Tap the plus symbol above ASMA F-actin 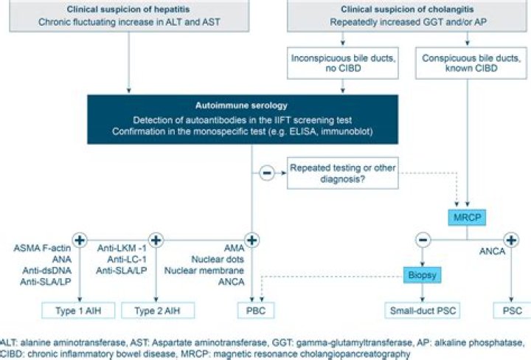pos(80,240)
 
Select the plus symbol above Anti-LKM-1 pos(155,240)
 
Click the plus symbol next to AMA pos(252,240)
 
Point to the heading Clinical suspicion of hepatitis pos(130,10)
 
